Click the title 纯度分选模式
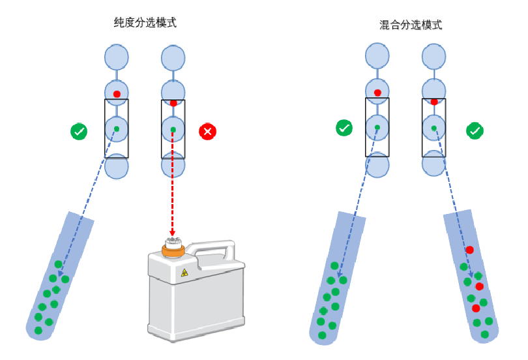tap(145, 23)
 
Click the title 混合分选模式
tap(411, 25)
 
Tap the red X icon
tap(208, 132)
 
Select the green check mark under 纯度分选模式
tap(79, 132)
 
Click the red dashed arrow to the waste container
tap(173, 189)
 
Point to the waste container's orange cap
tap(173, 247)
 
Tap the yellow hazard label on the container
tap(184, 273)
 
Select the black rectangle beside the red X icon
tap(173, 128)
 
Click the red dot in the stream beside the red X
tap(173, 103)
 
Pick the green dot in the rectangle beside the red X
tap(173, 130)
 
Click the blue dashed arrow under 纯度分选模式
tap(91, 196)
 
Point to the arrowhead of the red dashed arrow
tap(173, 233)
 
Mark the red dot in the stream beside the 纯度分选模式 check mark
tap(117, 94)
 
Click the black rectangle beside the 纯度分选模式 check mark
tap(117, 128)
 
